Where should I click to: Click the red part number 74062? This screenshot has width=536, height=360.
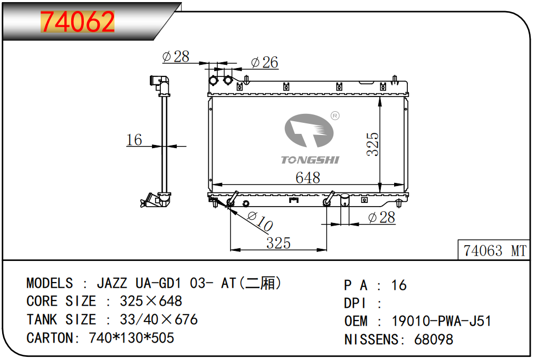pos(78,22)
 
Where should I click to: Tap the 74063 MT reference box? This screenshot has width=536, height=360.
pos(494,250)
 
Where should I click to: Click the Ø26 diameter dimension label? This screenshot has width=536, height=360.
pos(264,62)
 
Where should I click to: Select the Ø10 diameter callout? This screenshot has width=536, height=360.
pos(260,221)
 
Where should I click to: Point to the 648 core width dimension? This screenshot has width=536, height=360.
pos(308,178)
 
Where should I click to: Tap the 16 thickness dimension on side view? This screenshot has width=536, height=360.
pos(134,140)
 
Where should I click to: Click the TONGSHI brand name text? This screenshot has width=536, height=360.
pos(310,160)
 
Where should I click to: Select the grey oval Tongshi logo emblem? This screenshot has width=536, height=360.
pos(309,131)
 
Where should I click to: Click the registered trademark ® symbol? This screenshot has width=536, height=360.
pos(335,116)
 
